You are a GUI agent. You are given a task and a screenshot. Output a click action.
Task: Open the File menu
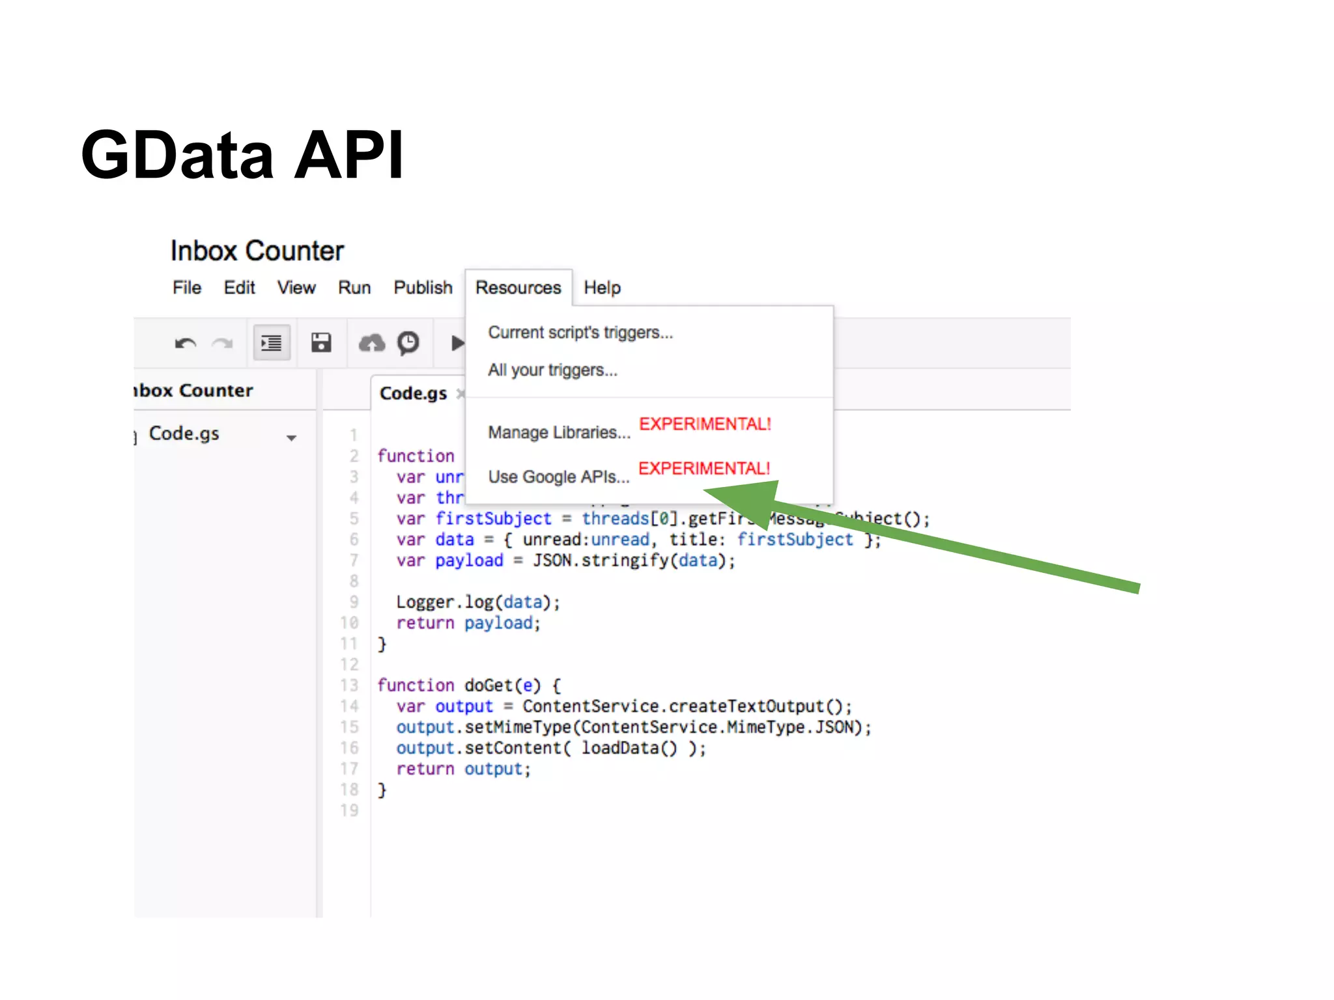click(187, 288)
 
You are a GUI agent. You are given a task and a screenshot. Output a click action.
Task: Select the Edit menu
click(239, 288)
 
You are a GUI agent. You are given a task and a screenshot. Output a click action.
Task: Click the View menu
click(296, 288)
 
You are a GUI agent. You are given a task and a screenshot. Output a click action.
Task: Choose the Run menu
click(354, 288)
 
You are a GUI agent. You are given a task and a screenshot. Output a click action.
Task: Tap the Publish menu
click(423, 288)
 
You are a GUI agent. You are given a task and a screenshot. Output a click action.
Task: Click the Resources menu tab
click(518, 288)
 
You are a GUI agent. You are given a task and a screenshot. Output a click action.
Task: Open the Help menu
click(602, 288)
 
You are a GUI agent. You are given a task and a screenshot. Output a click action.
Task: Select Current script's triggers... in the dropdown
click(580, 333)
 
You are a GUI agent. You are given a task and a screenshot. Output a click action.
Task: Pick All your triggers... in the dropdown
click(552, 370)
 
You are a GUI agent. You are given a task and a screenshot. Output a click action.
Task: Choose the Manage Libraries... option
click(560, 432)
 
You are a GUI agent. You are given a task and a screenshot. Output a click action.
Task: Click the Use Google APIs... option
click(559, 477)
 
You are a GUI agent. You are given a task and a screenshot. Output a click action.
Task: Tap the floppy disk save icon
click(321, 342)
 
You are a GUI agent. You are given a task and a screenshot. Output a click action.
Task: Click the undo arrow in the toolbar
click(186, 343)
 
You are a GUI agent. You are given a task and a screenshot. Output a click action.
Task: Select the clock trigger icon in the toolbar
click(408, 342)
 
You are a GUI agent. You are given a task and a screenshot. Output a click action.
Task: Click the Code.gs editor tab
click(413, 394)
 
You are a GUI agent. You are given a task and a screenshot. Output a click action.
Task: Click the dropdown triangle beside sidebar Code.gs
click(291, 438)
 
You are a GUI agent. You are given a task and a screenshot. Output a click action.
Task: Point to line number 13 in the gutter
click(350, 686)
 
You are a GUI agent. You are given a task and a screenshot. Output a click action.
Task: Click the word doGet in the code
click(489, 686)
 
